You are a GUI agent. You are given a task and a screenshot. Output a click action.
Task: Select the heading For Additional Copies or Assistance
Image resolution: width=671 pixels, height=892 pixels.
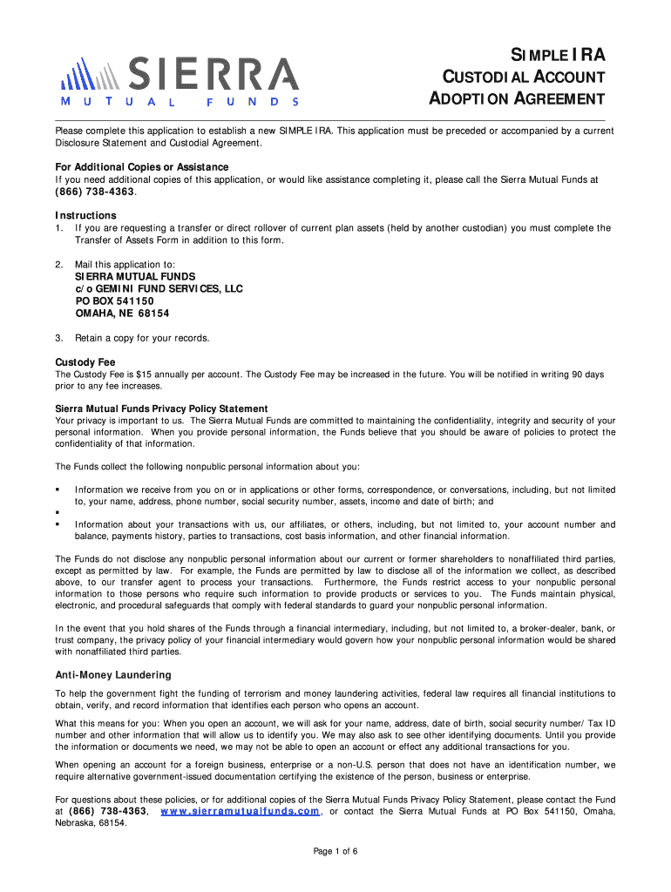pos(142,166)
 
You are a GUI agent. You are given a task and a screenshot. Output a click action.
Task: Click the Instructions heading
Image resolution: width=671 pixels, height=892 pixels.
pos(86,215)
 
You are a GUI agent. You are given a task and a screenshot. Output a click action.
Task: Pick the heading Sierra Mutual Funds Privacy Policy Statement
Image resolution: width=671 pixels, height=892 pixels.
pos(161,409)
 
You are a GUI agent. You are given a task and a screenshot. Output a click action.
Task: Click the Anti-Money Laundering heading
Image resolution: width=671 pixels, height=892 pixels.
pos(113,674)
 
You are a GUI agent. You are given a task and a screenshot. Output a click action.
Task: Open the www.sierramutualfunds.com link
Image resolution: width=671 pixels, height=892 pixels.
pos(241,811)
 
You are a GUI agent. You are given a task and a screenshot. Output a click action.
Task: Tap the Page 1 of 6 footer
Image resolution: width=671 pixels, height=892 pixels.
pos(335,851)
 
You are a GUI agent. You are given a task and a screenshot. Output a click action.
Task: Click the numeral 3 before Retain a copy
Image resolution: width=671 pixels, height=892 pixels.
pos(58,338)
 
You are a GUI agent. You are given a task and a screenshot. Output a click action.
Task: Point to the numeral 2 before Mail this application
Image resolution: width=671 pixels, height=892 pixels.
pos(58,264)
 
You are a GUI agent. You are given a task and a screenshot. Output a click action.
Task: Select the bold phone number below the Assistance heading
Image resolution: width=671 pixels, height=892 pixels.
pos(96,191)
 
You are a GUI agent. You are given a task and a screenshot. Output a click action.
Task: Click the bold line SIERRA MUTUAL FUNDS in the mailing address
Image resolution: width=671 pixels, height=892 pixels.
pos(135,276)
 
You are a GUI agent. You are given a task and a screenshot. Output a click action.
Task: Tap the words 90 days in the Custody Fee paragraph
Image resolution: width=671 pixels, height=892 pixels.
pos(587,375)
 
